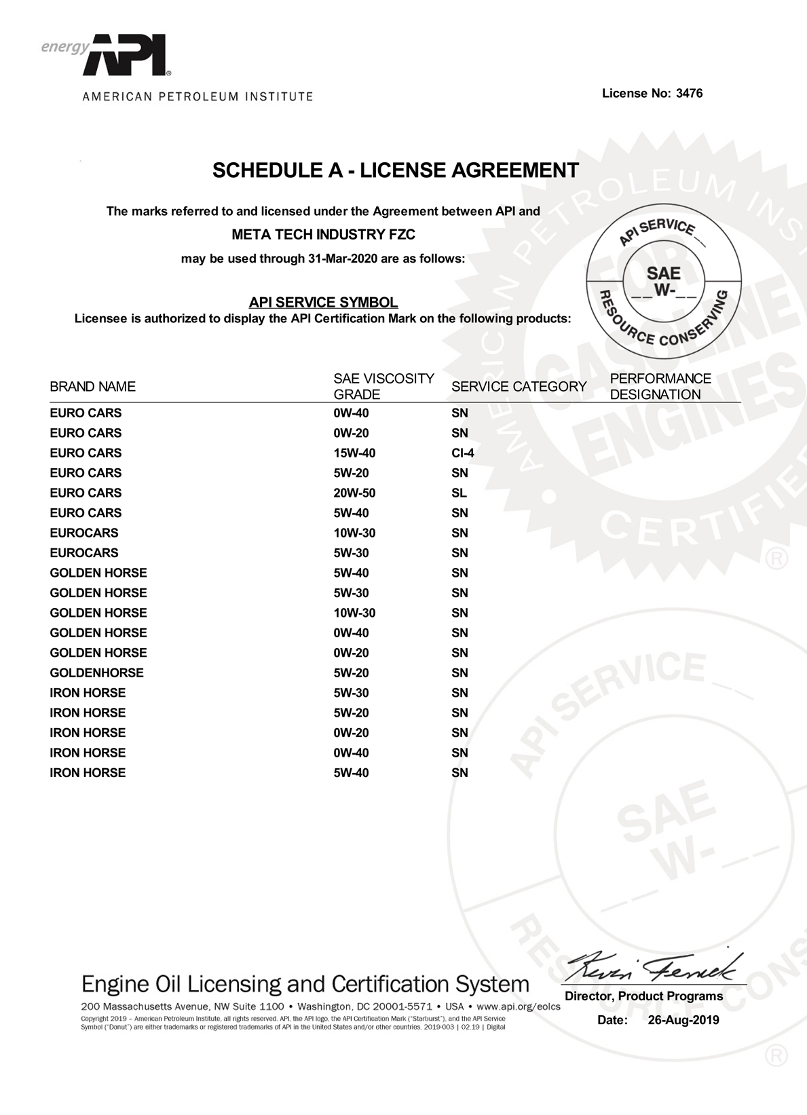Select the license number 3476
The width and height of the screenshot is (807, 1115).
pyautogui.click(x=689, y=94)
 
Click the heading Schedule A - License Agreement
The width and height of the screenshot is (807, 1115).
pyautogui.click(x=396, y=170)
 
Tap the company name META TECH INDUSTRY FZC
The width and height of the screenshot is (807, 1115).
pyautogui.click(x=324, y=235)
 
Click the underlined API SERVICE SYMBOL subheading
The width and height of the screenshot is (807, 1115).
pyautogui.click(x=323, y=303)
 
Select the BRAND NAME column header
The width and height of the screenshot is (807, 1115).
pyautogui.click(x=92, y=387)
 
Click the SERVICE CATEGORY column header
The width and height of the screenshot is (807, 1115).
pyautogui.click(x=519, y=387)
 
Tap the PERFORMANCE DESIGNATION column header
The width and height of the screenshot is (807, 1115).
pyautogui.click(x=660, y=387)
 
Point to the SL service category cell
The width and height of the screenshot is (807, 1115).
pyautogui.click(x=459, y=493)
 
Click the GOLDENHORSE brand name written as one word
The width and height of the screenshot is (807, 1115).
pyautogui.click(x=96, y=673)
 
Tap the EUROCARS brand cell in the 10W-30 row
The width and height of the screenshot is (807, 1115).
pyautogui.click(x=84, y=533)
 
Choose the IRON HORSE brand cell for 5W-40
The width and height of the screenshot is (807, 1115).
pyautogui.click(x=88, y=773)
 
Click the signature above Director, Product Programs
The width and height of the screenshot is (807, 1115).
pyautogui.click(x=654, y=965)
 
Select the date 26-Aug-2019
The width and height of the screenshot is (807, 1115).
pyautogui.click(x=683, y=1020)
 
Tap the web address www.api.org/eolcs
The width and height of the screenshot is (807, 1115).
pyautogui.click(x=519, y=1006)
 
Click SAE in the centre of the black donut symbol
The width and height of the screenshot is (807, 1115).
pyautogui.click(x=663, y=273)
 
